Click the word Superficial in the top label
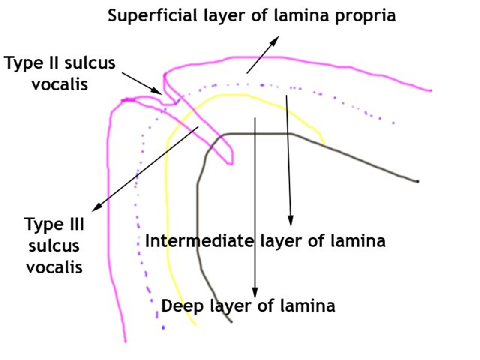tap(141, 15)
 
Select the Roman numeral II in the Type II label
tap(47, 64)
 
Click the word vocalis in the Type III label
tap(52, 266)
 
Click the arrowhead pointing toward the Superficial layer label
tap(269, 38)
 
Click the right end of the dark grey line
tap(417, 181)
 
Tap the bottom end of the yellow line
tap(196, 325)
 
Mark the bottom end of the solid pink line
tap(124, 342)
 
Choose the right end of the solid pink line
tap(430, 91)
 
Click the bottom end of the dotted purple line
tap(163, 329)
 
